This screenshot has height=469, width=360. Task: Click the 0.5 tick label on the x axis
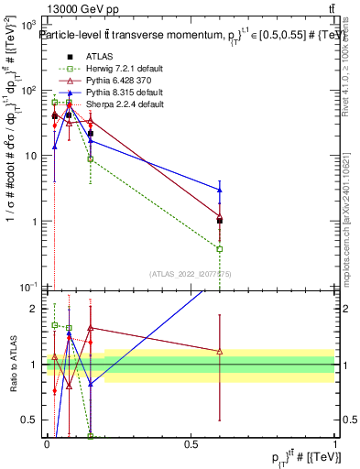[x=191, y=443]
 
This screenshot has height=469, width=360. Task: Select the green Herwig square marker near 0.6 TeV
[x=220, y=248]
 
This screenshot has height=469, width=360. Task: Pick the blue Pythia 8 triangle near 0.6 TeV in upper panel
[x=220, y=190]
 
